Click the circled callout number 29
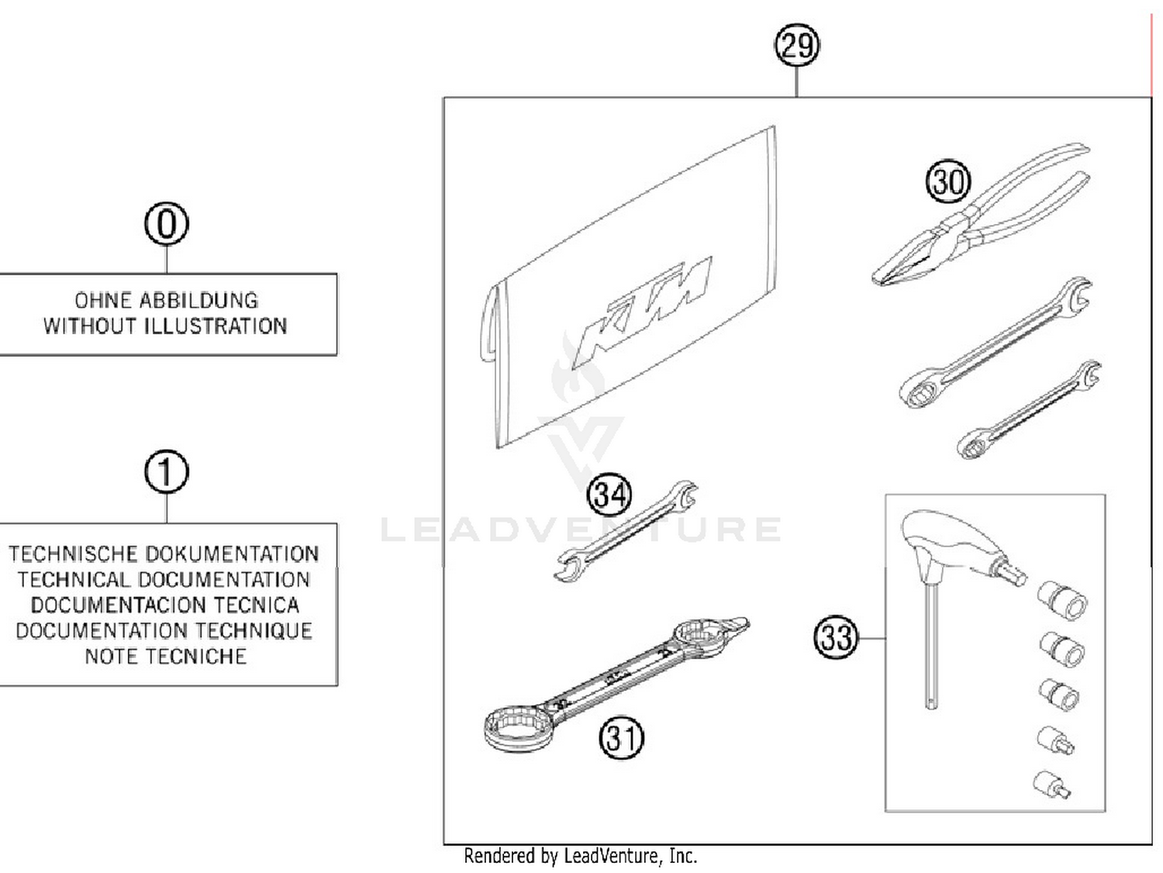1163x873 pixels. click(x=797, y=45)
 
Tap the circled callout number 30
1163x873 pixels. click(x=948, y=181)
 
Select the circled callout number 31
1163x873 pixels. click(x=622, y=737)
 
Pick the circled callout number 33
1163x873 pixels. click(x=836, y=638)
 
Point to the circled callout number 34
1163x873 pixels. click(x=609, y=495)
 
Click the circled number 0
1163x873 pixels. click(x=167, y=224)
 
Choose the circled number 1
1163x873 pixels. click(x=167, y=472)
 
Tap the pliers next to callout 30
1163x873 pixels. click(x=985, y=225)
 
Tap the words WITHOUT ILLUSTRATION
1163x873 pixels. click(x=165, y=326)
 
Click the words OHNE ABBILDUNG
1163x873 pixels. click(x=166, y=300)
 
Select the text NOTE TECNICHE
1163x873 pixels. click(x=165, y=657)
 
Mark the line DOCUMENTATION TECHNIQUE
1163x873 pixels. click(x=164, y=631)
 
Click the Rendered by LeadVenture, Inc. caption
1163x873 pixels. click(x=580, y=856)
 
